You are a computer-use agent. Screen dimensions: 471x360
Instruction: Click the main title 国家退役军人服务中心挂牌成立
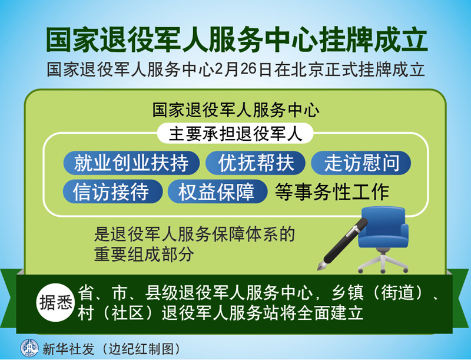click(x=237, y=40)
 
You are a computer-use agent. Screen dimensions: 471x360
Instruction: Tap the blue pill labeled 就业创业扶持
click(x=131, y=163)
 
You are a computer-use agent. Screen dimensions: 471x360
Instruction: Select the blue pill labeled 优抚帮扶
click(x=256, y=163)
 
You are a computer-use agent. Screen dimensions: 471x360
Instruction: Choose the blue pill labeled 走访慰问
click(x=361, y=163)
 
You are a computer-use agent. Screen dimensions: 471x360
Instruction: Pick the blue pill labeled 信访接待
click(x=112, y=191)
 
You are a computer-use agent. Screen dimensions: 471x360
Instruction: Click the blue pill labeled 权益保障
click(x=217, y=191)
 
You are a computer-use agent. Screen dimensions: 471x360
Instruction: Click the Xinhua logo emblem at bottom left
click(x=29, y=348)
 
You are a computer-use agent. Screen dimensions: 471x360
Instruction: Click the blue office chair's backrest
click(x=383, y=219)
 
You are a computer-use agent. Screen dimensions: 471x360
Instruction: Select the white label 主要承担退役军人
click(x=235, y=133)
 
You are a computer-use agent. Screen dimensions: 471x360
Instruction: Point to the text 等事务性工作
click(x=332, y=191)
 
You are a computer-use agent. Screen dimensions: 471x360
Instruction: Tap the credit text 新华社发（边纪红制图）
click(x=111, y=349)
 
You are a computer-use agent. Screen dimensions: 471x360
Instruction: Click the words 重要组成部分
click(x=144, y=254)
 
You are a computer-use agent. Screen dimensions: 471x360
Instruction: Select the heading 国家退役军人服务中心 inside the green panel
click(x=236, y=110)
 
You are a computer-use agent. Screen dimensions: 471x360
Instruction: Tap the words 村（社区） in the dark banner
click(x=120, y=313)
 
